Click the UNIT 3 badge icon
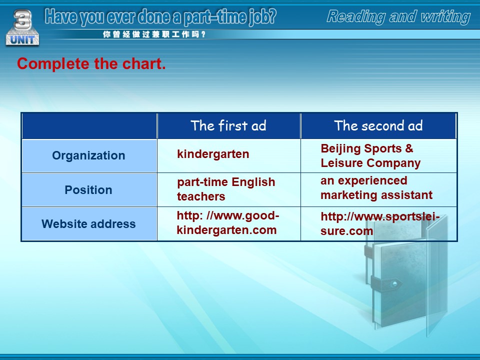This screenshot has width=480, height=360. click(22, 28)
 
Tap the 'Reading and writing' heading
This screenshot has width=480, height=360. click(398, 17)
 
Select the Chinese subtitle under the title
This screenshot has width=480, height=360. click(154, 34)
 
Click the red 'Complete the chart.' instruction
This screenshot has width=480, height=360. click(91, 63)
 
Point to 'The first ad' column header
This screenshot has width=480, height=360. click(228, 125)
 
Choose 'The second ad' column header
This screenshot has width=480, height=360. click(378, 125)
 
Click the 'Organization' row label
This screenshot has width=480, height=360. click(88, 155)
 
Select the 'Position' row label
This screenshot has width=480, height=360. click(88, 190)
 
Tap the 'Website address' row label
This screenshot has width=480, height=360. click(88, 224)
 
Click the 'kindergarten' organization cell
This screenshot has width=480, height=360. click(213, 154)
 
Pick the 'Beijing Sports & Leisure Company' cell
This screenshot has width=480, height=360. click(370, 155)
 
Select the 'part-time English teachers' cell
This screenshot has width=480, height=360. click(226, 189)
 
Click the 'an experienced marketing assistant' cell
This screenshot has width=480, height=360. click(376, 187)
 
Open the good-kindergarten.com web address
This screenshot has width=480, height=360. click(228, 222)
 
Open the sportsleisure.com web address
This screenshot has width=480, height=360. click(380, 224)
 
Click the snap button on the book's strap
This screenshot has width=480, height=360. click(394, 283)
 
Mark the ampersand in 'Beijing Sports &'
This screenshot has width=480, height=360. click(409, 148)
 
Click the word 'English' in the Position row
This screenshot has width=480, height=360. click(253, 182)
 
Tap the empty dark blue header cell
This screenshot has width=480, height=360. click(89, 126)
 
